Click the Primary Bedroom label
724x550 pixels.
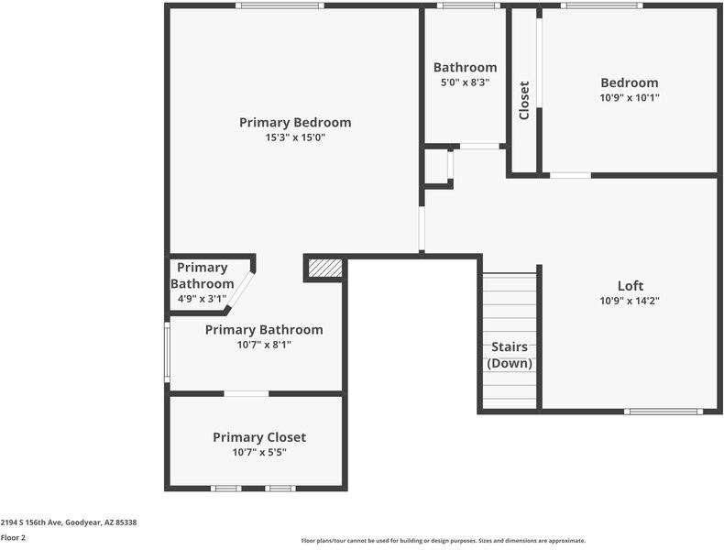(x=295, y=122)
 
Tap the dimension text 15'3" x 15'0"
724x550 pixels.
(x=295, y=137)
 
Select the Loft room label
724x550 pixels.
(x=631, y=285)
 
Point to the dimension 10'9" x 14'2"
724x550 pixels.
(x=631, y=300)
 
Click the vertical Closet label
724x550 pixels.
(x=524, y=100)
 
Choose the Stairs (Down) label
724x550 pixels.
(x=510, y=356)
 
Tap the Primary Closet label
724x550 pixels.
(x=259, y=437)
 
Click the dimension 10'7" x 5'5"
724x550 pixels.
(x=259, y=452)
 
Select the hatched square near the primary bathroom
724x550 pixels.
(x=324, y=268)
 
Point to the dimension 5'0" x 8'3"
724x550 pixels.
(x=466, y=82)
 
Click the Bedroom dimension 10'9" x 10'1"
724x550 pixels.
(x=629, y=97)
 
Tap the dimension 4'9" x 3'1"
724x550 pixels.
(x=203, y=298)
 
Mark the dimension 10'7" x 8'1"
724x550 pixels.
(x=264, y=345)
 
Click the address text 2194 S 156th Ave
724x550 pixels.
(x=69, y=522)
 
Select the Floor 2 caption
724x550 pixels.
(x=13, y=537)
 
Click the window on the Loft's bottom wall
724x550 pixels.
(x=664, y=411)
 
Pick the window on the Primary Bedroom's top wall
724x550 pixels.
(x=279, y=5)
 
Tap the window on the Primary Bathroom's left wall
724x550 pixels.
(x=167, y=350)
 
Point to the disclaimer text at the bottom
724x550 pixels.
(x=444, y=541)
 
